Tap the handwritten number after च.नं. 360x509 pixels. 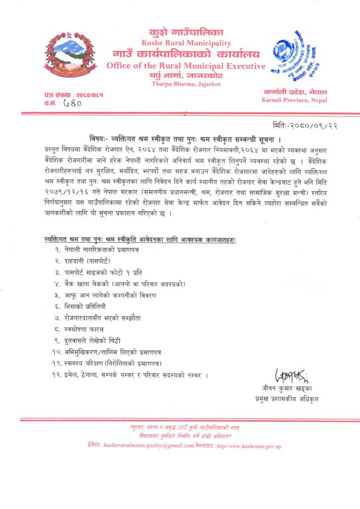(72, 103)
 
